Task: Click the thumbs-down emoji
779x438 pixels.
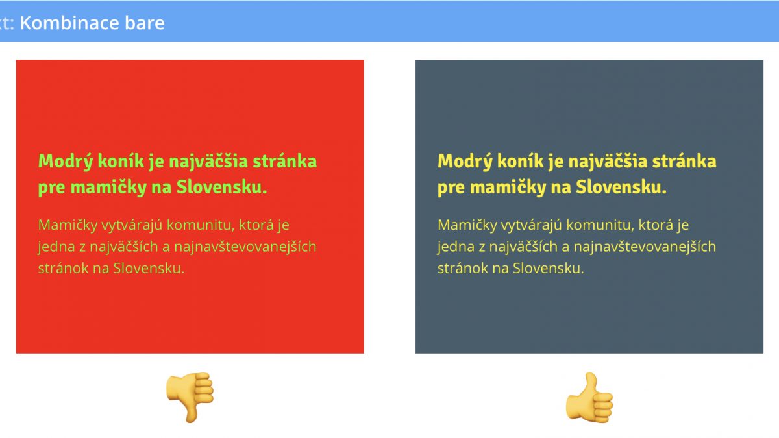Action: click(190, 397)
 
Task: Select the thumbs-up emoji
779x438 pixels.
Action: click(589, 397)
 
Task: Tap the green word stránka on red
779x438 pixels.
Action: click(285, 162)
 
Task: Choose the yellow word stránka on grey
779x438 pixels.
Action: click(684, 162)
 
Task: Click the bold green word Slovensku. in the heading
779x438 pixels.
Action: click(222, 187)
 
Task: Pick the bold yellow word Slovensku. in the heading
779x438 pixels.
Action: click(621, 187)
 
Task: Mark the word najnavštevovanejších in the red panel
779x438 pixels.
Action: click(245, 247)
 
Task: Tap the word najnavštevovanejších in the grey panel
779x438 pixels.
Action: click(645, 247)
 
